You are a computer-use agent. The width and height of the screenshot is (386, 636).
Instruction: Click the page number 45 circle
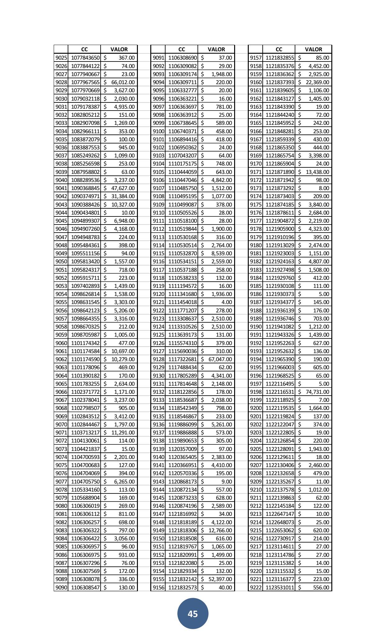[193, 614]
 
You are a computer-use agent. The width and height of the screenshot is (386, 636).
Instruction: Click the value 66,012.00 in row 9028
[123, 82]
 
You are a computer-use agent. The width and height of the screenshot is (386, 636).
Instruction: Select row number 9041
[61, 188]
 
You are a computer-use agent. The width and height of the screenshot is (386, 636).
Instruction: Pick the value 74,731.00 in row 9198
[317, 392]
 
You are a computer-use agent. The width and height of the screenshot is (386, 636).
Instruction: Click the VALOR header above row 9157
[313, 49]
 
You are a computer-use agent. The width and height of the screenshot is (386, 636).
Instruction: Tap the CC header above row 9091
[182, 49]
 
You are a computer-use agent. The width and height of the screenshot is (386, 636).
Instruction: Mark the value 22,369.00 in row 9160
[317, 82]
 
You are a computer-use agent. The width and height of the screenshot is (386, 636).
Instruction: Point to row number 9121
[158, 302]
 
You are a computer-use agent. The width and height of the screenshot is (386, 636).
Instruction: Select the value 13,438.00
[317, 172]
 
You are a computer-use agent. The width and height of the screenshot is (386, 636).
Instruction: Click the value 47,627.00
[123, 188]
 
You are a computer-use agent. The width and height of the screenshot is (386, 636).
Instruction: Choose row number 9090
[61, 587]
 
